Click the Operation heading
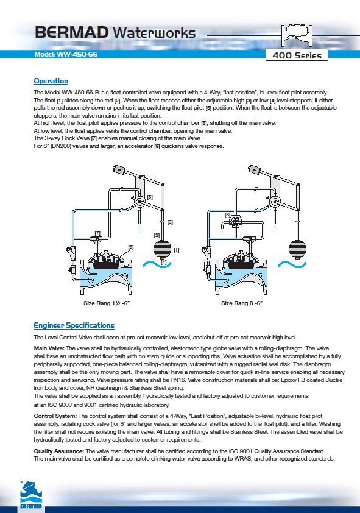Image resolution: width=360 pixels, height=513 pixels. tap(51, 81)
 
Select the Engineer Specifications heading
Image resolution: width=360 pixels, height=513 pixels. tap(74, 325)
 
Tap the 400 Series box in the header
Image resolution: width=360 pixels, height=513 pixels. tap(297, 55)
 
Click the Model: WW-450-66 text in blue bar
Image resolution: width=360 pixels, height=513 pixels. tap(66, 54)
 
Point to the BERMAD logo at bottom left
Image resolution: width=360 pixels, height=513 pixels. tap(32, 496)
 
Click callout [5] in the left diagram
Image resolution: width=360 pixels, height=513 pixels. tap(150, 197)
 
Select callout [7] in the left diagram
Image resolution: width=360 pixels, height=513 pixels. tap(97, 233)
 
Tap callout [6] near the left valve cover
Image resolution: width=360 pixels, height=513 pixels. tap(131, 247)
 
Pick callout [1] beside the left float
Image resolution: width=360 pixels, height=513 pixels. tap(176, 250)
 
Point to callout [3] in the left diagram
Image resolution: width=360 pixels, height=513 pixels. tap(170, 222)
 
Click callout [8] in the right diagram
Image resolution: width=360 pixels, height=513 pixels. tap(228, 214)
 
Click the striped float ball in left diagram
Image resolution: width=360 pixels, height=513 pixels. tap(162, 249)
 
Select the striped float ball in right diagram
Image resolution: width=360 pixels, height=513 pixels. tap(297, 249)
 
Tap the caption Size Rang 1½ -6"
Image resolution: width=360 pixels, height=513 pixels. tap(107, 303)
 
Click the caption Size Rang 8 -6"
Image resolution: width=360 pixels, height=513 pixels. tap(242, 303)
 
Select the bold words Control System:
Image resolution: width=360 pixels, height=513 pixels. tap(55, 416)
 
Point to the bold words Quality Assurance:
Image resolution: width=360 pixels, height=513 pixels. tap(59, 451)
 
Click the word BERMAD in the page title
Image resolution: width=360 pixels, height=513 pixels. tap(72, 33)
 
